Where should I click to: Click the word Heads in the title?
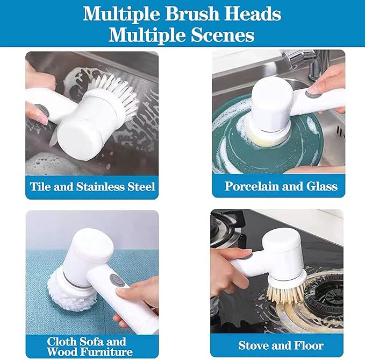pos(253,14)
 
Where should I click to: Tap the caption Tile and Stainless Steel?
pos(92,187)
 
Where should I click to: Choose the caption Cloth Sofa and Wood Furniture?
pos(87,346)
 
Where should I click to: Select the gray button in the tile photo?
pos(42,114)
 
